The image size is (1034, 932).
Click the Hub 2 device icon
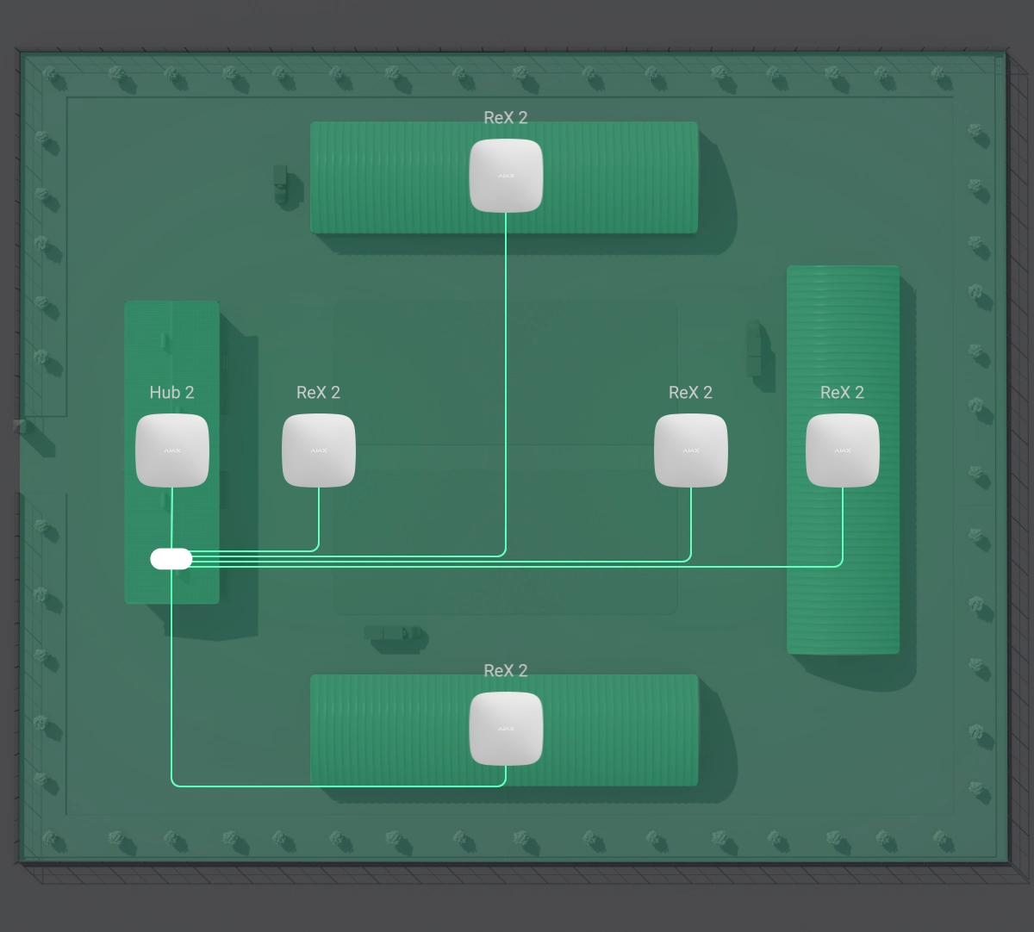tap(172, 450)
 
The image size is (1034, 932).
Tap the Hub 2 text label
tap(171, 393)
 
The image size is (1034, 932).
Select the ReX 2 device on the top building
tap(506, 176)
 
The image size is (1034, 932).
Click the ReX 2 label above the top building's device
tap(506, 118)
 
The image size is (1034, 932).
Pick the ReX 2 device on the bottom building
tap(506, 729)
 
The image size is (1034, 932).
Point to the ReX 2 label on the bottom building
tap(506, 671)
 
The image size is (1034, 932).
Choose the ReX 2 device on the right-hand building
tap(843, 450)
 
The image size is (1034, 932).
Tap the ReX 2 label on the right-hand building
tap(842, 393)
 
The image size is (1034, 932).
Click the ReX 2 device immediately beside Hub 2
tap(319, 450)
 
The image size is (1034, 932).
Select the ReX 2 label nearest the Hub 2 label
tap(318, 393)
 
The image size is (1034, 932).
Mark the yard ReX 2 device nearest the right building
tap(691, 450)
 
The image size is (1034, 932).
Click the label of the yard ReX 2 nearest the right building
tap(690, 393)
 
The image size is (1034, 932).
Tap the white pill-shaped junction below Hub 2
tap(171, 559)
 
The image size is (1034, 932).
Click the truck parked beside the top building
tap(282, 183)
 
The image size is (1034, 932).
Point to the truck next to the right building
tap(755, 347)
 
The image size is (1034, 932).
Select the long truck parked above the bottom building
tap(395, 634)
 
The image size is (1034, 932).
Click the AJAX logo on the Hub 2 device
tap(172, 450)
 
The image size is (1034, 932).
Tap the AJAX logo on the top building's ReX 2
tap(506, 176)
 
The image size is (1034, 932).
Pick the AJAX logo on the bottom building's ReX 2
tap(506, 729)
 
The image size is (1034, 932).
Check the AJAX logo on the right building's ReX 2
tap(843, 450)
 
